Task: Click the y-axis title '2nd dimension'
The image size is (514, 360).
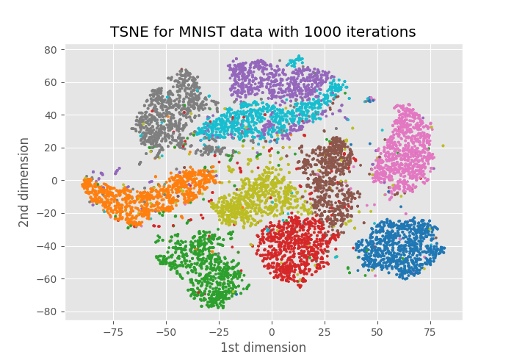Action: tap(24, 181)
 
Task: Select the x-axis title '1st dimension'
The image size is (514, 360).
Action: tap(263, 348)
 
